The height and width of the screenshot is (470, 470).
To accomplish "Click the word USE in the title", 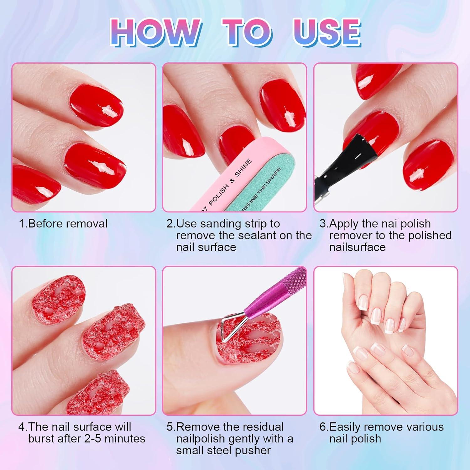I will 326,33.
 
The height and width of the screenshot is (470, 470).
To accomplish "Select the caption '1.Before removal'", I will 63,224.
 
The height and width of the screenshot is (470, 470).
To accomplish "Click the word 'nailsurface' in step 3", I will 357,247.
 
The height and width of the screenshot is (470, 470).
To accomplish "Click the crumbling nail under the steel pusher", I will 248,348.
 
